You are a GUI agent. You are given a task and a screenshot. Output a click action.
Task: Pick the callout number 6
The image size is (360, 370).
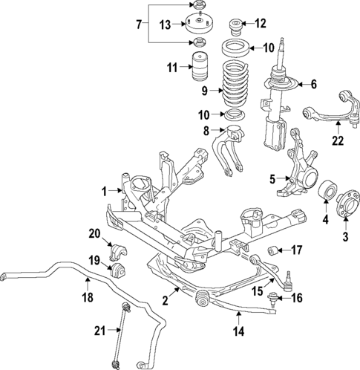(312, 84)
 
